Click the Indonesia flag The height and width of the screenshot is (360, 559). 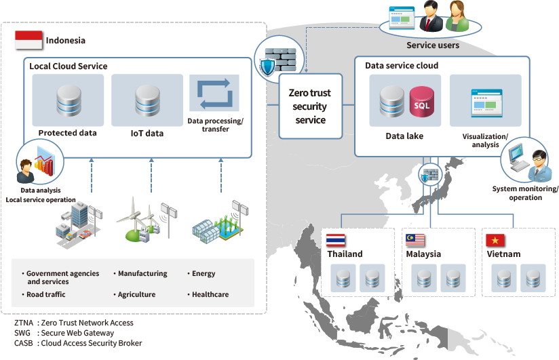tap(28, 39)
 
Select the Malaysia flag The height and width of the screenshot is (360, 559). tap(415, 240)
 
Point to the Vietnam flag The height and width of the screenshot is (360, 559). tap(496, 240)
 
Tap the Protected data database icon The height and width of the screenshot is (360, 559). tap(68, 100)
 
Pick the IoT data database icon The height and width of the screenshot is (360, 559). tap(147, 100)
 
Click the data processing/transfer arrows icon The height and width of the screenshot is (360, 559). tap(214, 94)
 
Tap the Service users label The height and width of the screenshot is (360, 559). tap(433, 45)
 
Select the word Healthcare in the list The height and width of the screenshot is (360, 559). tap(210, 295)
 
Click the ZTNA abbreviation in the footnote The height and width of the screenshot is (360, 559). tap(24, 323)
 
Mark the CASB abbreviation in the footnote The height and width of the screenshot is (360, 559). tap(24, 343)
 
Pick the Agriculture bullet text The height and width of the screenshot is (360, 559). tap(136, 295)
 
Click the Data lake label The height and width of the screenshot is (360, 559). tap(404, 136)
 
